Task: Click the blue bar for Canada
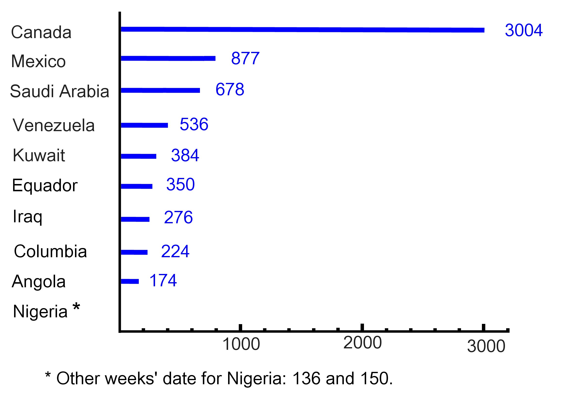pos(302,30)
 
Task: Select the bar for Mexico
pos(168,58)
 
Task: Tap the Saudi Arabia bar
pos(160,90)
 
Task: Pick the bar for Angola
pos(130,281)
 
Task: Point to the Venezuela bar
pos(144,125)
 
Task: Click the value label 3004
pos(523,30)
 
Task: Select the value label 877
pos(245,58)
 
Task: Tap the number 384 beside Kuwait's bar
pos(185,155)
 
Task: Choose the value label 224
pos(175,251)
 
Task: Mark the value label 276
pos(178,217)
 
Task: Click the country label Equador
pos(45,186)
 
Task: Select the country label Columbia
pos(50,251)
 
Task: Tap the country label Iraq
pos(27,216)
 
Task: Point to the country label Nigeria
pos(40,312)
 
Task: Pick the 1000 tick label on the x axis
pos(241,344)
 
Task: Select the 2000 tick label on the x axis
pos(363,343)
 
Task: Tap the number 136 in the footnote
pos(306,378)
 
